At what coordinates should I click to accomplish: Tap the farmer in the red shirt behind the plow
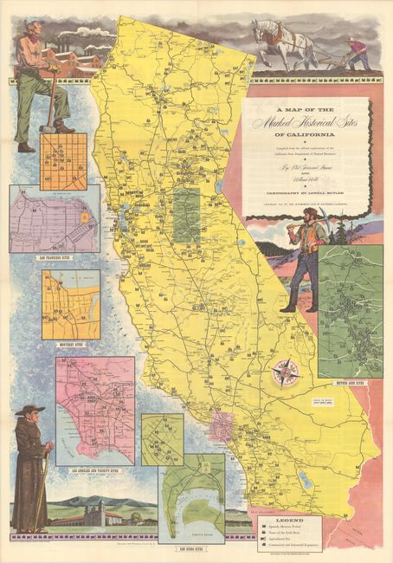point(357,52)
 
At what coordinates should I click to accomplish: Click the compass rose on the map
point(284,372)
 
